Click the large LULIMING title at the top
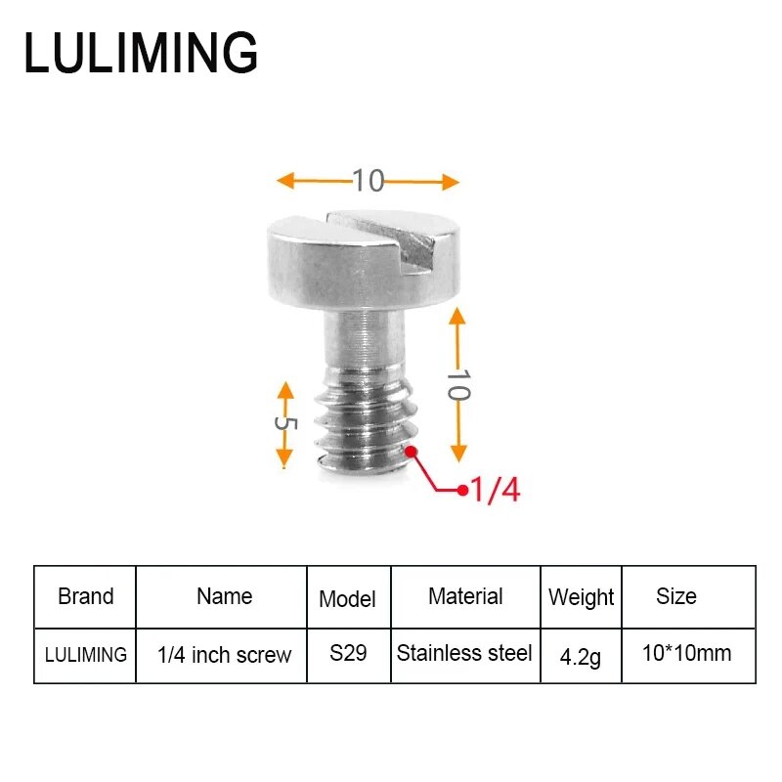141,53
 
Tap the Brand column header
85,596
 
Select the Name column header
224,596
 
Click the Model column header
347,598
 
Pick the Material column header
465,596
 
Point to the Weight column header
582,597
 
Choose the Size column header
676,596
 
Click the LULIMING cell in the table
86,654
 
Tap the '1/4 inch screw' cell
224,655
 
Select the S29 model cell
348,653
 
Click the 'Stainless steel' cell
465,653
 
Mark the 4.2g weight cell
581,656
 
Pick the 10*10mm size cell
686,653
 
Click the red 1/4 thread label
496,489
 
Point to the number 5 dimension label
284,424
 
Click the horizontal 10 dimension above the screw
369,181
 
